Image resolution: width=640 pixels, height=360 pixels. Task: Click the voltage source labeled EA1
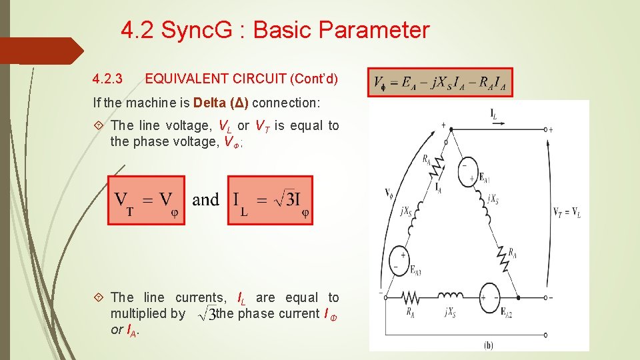(469, 171)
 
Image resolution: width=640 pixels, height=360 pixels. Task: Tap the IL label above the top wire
(494, 115)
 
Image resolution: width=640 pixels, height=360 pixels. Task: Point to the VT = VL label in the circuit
(566, 213)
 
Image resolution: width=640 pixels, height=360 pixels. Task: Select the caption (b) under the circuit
(489, 345)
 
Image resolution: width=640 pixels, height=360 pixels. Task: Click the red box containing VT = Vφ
(146, 200)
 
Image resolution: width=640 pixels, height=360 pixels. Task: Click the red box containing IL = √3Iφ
(270, 200)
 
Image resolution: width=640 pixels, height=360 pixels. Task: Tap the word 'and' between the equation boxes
(205, 199)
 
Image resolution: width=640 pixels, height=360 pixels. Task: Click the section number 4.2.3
(107, 79)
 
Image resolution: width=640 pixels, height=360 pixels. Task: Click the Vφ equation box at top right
(441, 83)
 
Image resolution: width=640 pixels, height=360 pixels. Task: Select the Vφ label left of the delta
(389, 193)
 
